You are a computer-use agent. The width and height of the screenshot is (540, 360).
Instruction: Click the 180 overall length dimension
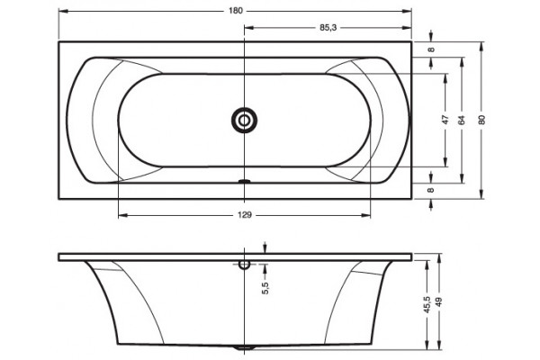(x=236, y=11)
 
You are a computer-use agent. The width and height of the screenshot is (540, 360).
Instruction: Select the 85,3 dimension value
(x=328, y=28)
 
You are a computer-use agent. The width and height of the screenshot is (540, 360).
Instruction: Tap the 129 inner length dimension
(x=245, y=215)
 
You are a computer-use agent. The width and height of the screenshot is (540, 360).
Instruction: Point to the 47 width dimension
(x=445, y=120)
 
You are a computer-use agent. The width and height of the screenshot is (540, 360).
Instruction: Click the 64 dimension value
(x=462, y=120)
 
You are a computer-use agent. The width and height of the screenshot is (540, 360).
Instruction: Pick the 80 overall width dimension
(x=481, y=120)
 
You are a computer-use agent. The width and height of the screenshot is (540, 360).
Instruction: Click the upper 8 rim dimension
(x=431, y=49)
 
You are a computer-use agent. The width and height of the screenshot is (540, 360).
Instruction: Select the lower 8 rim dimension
(x=431, y=190)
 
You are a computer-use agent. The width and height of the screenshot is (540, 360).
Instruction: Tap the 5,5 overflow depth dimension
(x=265, y=288)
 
